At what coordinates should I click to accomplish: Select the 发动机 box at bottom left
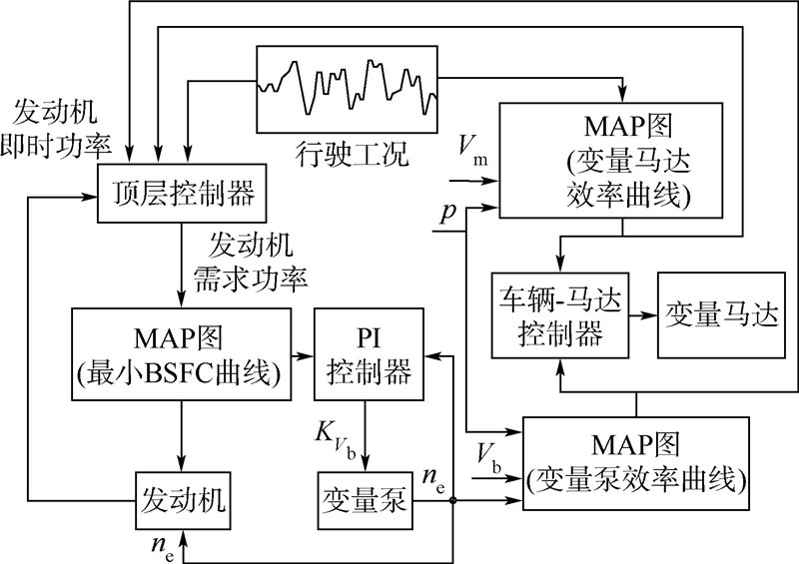(182, 496)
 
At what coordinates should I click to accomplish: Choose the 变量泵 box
(364, 496)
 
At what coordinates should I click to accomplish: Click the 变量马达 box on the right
(719, 315)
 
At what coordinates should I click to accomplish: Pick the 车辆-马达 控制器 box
(558, 315)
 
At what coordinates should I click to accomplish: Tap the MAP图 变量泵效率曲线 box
(635, 465)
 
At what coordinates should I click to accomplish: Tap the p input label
(449, 211)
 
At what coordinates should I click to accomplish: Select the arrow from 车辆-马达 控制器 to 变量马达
(642, 315)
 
